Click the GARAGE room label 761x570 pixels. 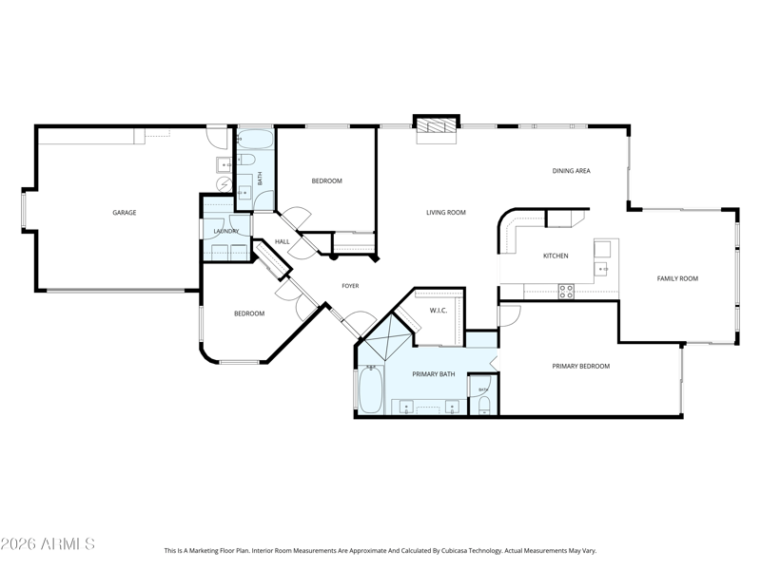(125, 212)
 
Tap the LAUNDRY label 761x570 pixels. (226, 231)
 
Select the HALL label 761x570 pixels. (282, 241)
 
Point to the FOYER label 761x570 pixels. (350, 286)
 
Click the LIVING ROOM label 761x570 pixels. (446, 212)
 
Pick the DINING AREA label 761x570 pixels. (572, 171)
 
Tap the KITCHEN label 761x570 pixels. (556, 256)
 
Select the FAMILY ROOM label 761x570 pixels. (677, 278)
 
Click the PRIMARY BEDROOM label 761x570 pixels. (581, 366)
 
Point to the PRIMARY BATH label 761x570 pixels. (434, 374)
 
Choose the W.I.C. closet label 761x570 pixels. (439, 311)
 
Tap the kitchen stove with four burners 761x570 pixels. (566, 292)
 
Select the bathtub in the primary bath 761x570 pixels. (371, 389)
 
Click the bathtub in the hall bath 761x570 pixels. (256, 140)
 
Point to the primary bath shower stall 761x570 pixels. (387, 338)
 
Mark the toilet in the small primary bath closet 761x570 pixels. (484, 406)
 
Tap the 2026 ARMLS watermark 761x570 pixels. (48, 543)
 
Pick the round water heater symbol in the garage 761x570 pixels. (224, 184)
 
